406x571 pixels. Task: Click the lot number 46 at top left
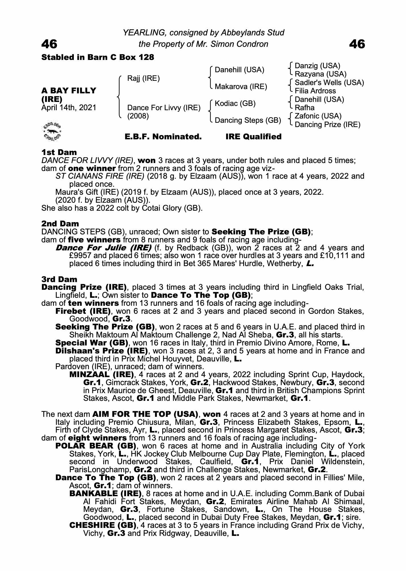49,44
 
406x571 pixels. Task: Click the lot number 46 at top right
357,44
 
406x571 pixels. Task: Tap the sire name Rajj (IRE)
143,78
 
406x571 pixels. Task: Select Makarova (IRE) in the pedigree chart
241,87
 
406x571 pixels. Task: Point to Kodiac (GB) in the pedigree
235,103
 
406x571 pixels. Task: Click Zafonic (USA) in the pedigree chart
318,116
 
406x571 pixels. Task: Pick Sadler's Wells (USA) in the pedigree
329,83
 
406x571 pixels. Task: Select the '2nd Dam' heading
60,224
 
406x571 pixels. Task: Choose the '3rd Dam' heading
59,279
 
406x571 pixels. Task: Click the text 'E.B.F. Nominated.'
163,137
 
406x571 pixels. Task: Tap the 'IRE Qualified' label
253,137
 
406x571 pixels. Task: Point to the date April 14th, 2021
69,108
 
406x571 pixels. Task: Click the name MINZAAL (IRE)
101,374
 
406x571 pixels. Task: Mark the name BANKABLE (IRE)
105,493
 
